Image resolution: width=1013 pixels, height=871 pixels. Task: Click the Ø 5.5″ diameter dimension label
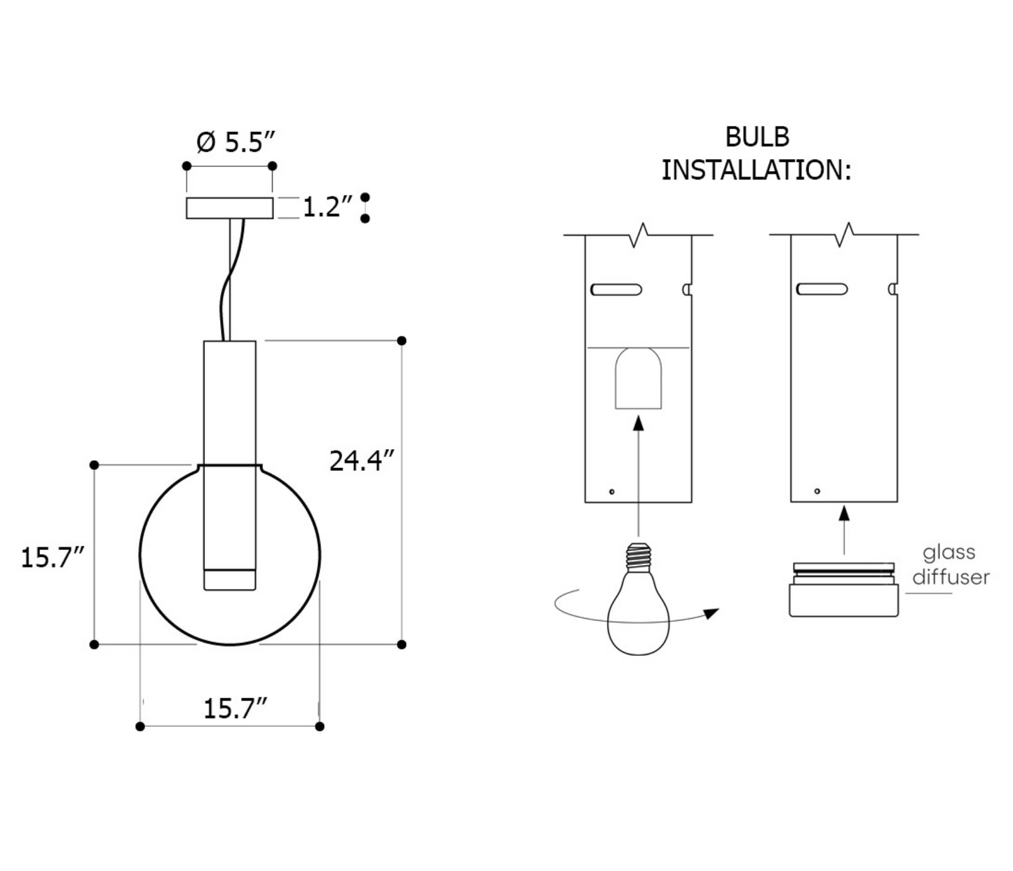236,142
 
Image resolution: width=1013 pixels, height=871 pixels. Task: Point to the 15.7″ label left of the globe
53,558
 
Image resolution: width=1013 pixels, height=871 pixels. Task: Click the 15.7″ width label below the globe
236,708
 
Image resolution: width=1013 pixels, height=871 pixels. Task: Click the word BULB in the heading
757,137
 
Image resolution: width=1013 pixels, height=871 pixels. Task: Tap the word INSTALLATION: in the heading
756,170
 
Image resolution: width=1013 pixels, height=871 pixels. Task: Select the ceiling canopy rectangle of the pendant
229,207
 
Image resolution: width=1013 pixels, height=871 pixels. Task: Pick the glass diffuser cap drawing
843,590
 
